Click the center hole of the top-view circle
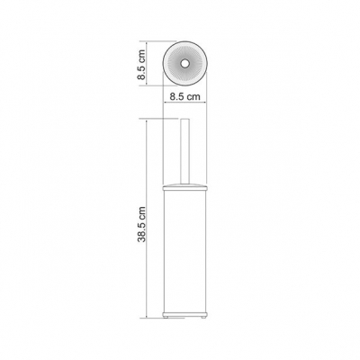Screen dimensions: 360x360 pyautogui.click(x=184, y=63)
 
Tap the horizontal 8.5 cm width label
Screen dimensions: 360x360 pyautogui.click(x=184, y=96)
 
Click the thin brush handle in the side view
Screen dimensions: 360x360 pyautogui.click(x=184, y=152)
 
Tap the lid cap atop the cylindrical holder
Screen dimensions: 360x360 pyautogui.click(x=184, y=187)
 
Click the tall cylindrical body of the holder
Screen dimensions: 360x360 pyautogui.click(x=184, y=251)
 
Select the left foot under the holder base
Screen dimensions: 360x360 pyautogui.click(x=165, y=317)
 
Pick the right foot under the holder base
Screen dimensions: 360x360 pyautogui.click(x=204, y=317)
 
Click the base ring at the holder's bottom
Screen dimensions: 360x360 pyautogui.click(x=184, y=313)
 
